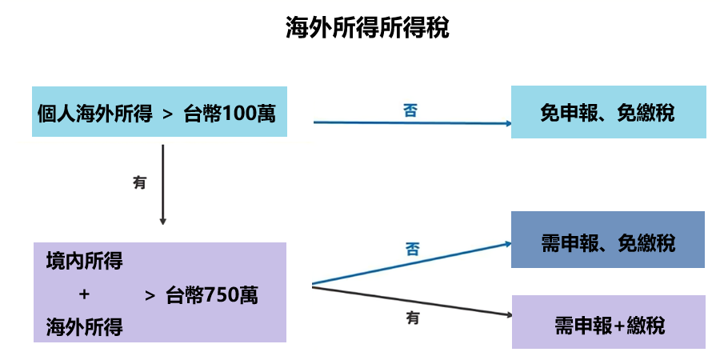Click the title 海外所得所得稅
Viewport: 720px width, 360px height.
[x=367, y=28]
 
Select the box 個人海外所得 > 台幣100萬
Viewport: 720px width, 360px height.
[x=159, y=113]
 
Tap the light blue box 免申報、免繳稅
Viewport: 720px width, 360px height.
[x=608, y=113]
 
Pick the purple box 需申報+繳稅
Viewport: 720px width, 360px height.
[x=608, y=325]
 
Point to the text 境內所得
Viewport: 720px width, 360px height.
[x=84, y=262]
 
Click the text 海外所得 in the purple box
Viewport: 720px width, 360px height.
[x=84, y=326]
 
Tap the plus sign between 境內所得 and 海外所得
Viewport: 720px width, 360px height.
[x=84, y=294]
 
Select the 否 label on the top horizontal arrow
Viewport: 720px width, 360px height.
[x=410, y=110]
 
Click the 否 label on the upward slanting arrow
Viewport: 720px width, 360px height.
[x=411, y=249]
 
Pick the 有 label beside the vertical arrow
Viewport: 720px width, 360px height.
[x=140, y=182]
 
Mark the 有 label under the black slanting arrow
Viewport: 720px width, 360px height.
[x=412, y=318]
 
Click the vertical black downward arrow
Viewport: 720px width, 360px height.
[x=162, y=184]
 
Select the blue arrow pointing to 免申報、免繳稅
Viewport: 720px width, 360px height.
[x=412, y=123]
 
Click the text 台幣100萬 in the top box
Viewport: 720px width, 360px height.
[x=229, y=113]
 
